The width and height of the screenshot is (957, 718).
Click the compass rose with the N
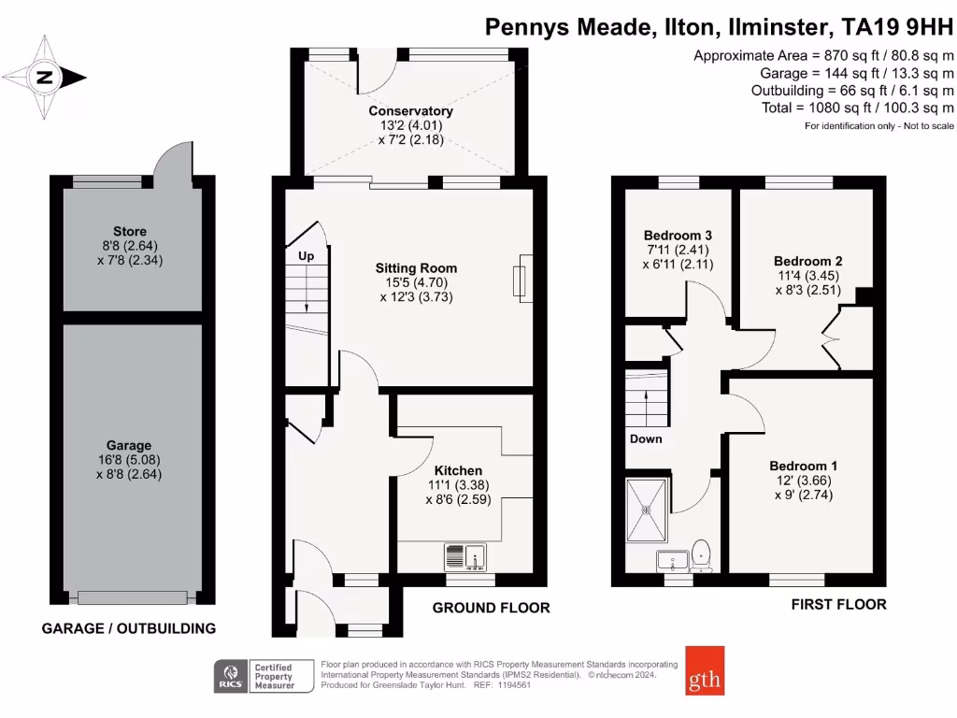[44, 77]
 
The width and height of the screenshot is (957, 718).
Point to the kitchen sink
[464, 556]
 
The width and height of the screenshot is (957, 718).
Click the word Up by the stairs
[306, 255]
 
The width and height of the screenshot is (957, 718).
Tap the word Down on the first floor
[646, 438]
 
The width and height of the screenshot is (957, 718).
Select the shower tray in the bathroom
[645, 510]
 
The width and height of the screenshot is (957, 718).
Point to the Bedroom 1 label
[803, 466]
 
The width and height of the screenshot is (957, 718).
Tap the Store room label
[130, 231]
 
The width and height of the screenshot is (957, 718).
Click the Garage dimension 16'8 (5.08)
[129, 460]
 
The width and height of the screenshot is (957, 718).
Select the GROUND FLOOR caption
[491, 608]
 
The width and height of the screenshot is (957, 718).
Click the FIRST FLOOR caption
[838, 605]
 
